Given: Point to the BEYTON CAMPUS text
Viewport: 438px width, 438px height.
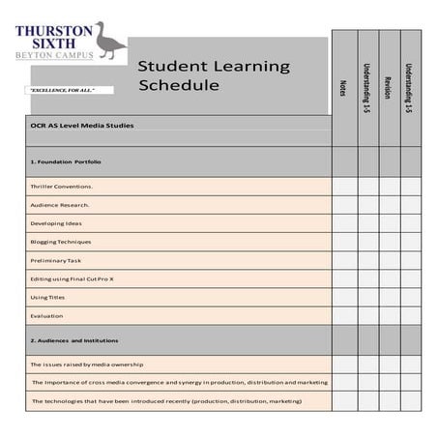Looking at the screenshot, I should pos(55,54).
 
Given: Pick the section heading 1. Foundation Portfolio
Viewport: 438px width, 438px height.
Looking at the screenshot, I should pos(66,161).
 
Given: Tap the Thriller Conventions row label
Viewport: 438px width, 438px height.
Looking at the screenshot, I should pos(61,186).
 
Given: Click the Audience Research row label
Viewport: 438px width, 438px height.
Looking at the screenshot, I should pos(60,204).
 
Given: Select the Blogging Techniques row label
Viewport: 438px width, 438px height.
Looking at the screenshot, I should pos(61,242).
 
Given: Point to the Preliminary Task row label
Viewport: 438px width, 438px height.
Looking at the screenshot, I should pos(56,260).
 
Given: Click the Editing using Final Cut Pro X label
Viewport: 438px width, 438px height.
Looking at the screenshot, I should pos(73,278).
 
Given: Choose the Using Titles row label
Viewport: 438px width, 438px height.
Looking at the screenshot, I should pos(47,297).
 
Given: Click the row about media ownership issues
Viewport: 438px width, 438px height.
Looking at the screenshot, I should pos(87,365).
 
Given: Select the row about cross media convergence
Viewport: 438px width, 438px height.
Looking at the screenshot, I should pos(179,382).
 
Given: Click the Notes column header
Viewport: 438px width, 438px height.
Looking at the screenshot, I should pos(343,87).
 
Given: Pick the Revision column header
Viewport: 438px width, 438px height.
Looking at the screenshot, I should pos(389,87).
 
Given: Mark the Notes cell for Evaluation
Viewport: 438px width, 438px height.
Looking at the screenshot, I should pos(344,315).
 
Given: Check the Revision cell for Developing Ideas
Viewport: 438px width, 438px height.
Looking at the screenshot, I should pos(389,223).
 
